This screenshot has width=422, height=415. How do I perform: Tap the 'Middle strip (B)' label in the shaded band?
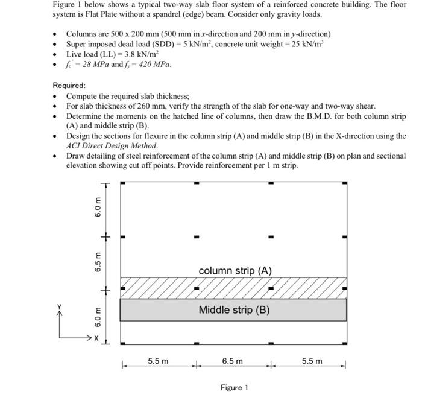(x=234, y=310)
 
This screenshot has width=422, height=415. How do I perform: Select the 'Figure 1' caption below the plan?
(x=234, y=387)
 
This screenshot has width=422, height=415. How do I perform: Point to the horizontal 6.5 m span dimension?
(x=232, y=361)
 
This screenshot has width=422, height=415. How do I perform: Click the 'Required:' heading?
(x=69, y=86)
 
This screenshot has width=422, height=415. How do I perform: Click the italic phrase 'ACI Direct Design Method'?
(x=112, y=145)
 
